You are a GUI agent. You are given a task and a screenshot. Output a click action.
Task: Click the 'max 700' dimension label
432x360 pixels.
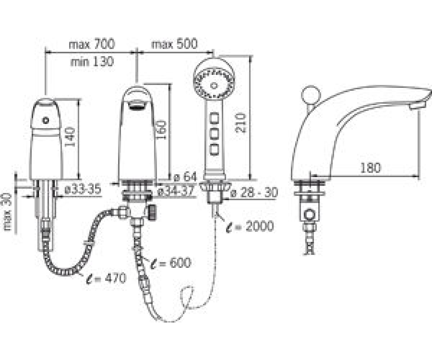coord(92,44)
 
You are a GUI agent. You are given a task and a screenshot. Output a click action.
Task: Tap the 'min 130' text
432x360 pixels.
coord(92,61)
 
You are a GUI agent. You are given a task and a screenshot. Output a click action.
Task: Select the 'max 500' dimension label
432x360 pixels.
coord(174,44)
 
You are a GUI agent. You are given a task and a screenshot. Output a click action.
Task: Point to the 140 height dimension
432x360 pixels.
coord(70,137)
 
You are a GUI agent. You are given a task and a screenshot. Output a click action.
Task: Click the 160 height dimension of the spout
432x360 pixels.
coord(161,131)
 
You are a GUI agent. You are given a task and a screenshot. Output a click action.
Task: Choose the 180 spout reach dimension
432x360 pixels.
coord(370,168)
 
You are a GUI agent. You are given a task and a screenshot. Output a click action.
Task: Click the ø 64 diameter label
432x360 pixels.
coord(185,177)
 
